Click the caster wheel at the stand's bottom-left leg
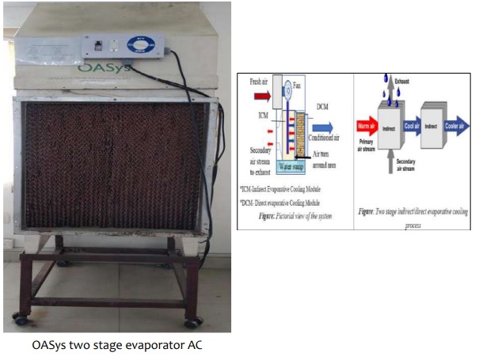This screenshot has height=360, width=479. click(20, 320)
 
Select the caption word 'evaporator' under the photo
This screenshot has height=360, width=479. click(137, 346)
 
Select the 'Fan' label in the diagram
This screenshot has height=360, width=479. click(297, 84)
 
